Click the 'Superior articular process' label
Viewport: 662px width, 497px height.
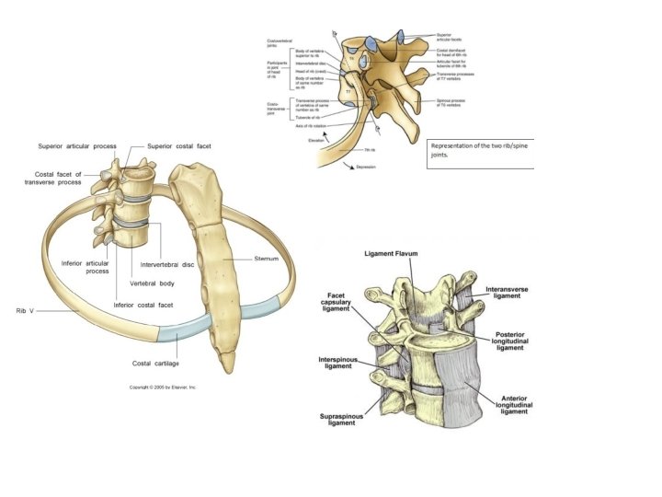77,146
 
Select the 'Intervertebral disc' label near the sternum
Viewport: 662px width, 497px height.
167,265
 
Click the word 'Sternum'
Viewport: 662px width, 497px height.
268,259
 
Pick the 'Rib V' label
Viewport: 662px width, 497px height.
25,310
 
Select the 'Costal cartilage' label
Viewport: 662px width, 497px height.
154,364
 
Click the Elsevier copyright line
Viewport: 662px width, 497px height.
163,387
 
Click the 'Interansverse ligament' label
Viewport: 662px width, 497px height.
508,294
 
